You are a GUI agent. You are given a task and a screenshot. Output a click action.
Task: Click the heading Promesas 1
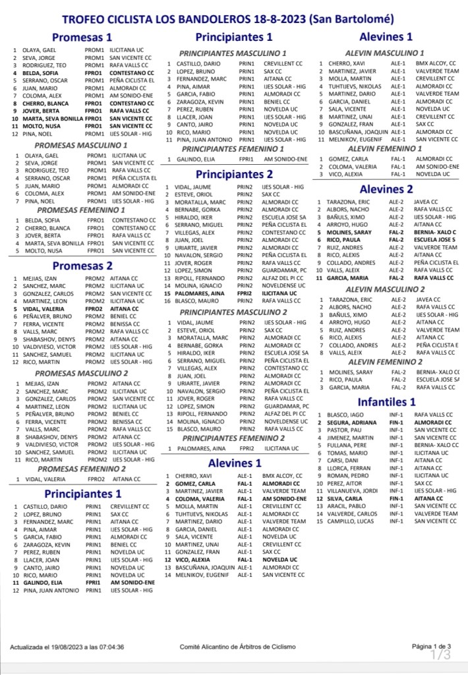coord(82,37)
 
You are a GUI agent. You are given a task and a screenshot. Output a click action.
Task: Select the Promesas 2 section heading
coord(82,266)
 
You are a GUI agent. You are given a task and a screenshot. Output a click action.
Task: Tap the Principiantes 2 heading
coord(233,174)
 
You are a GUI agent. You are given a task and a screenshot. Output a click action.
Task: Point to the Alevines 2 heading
coord(386,190)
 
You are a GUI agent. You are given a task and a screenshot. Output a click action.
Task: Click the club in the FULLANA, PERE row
coord(436,445)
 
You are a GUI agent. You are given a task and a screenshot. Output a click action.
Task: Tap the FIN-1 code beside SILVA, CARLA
coord(396,498)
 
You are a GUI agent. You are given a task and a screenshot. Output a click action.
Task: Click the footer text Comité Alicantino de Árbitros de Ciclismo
coord(238,647)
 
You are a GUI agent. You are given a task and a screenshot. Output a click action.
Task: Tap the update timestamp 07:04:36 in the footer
coord(107,647)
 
